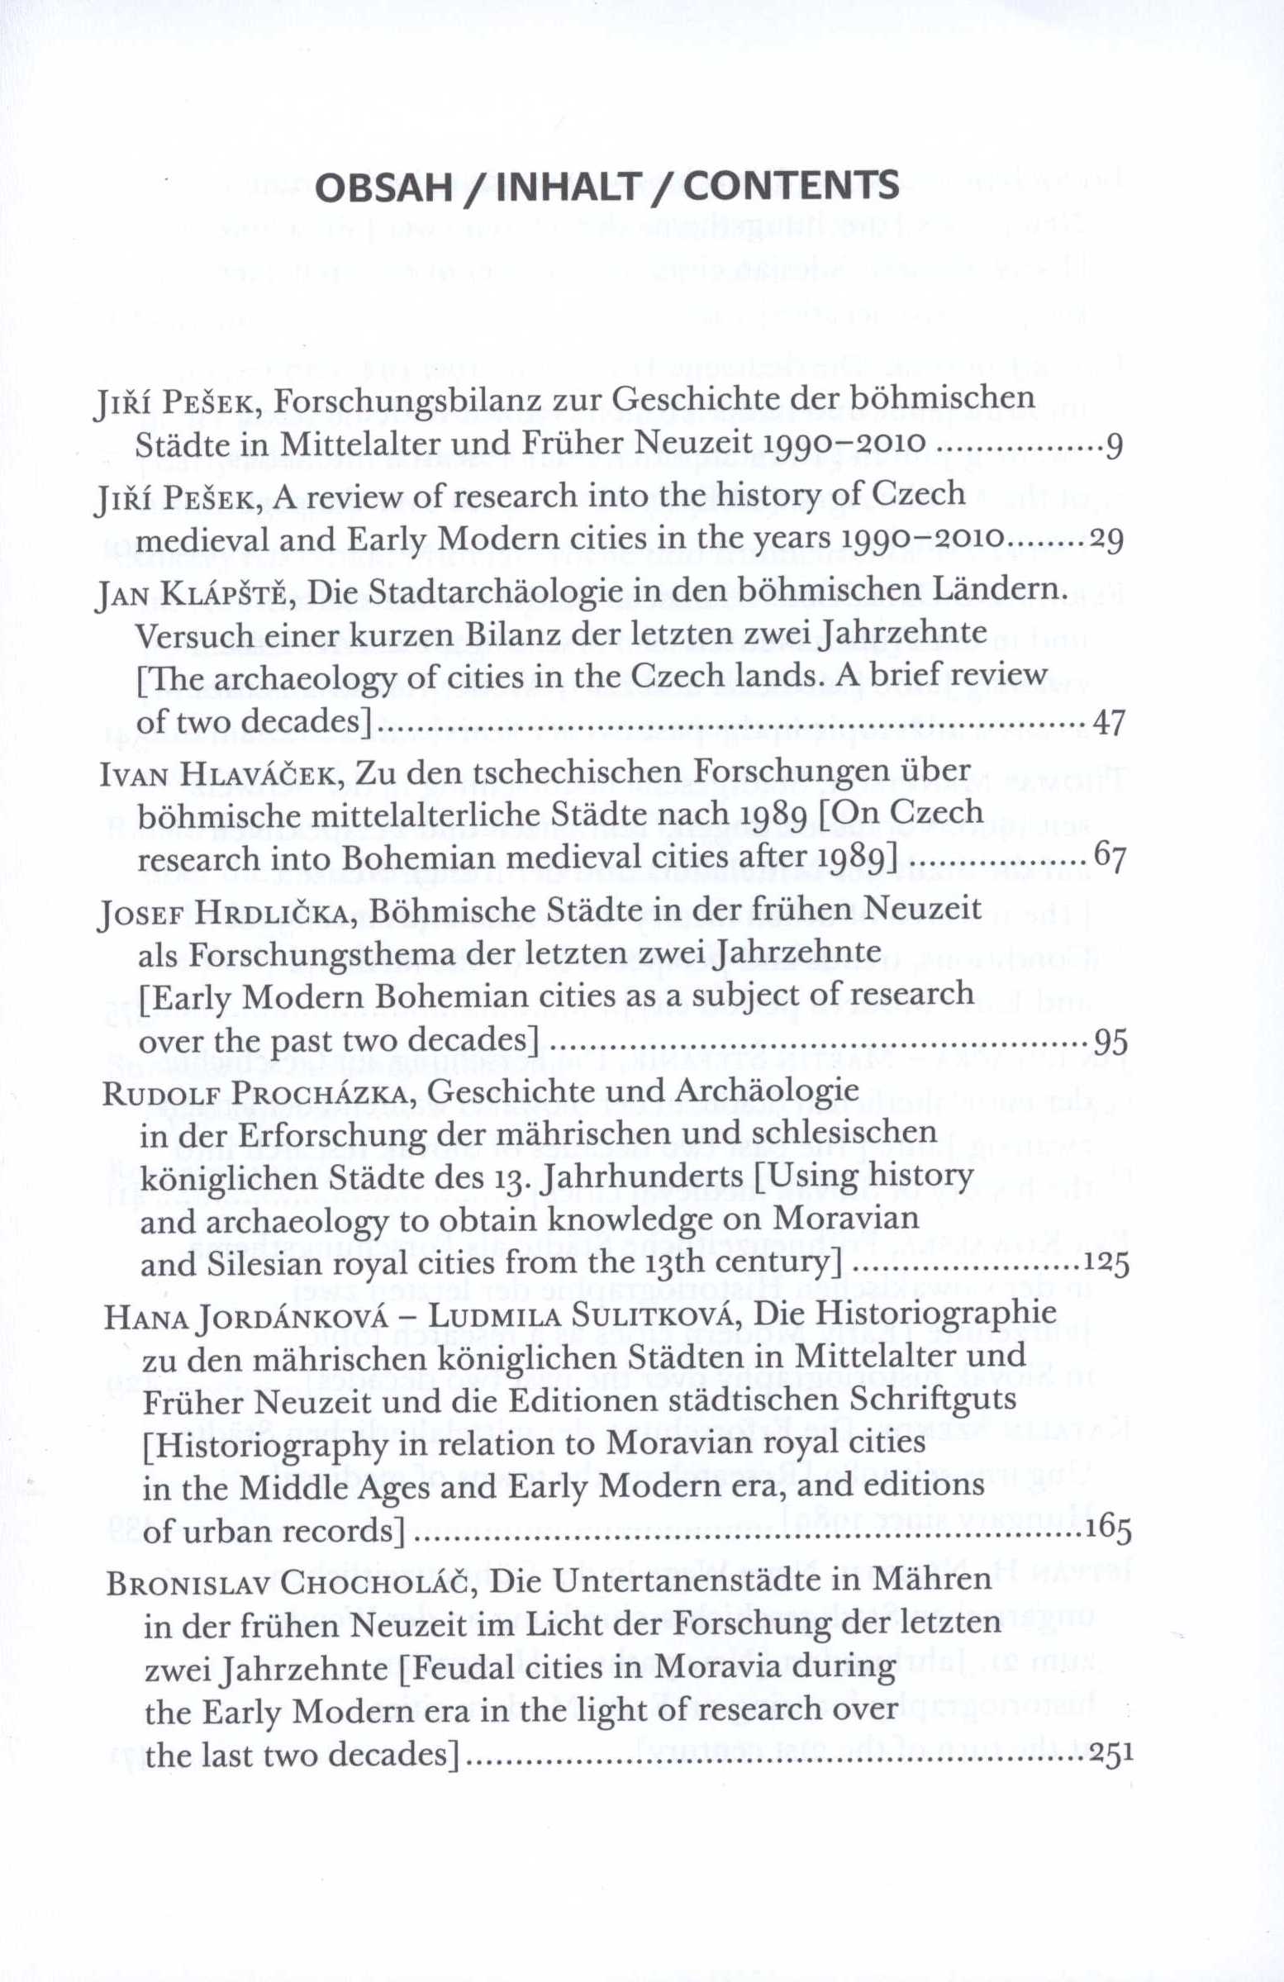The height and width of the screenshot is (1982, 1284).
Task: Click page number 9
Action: coord(1114,451)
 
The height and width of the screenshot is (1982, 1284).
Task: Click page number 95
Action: coord(1110,1042)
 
